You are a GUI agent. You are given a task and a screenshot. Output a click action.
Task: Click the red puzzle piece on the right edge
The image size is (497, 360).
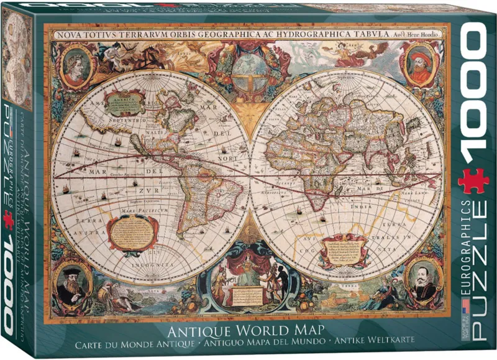click(473, 182)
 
